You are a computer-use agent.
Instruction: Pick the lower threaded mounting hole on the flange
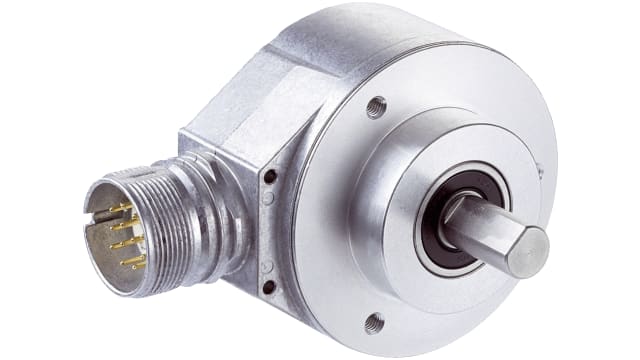click(374, 321)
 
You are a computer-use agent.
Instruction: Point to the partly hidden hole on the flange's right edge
click(541, 171)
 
